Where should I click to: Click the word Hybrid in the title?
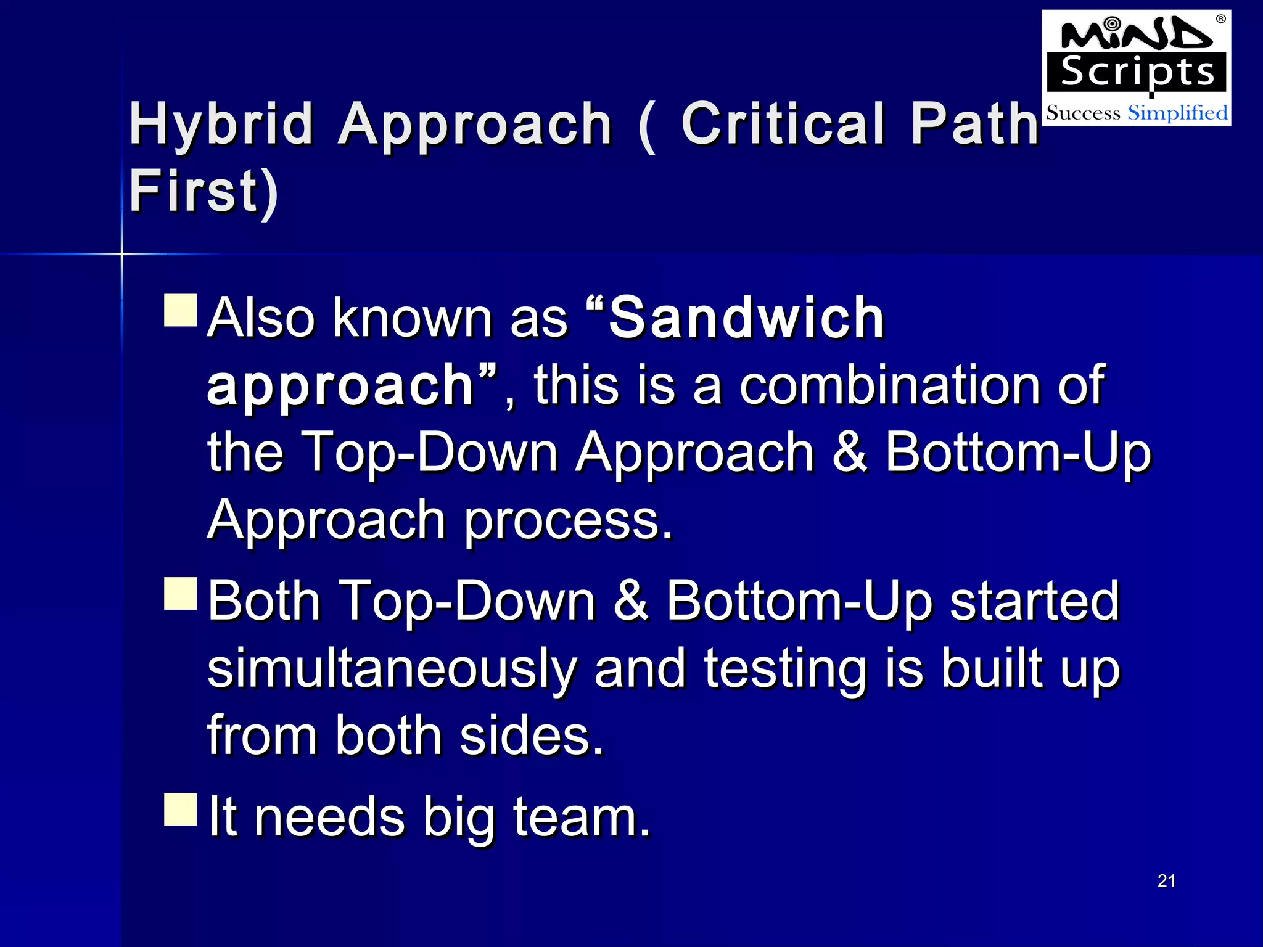point(221,125)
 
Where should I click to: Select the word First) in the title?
point(204,191)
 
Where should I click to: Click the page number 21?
point(1166,881)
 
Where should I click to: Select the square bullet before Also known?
point(181,310)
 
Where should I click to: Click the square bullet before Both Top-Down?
point(181,593)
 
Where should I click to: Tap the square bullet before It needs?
point(181,809)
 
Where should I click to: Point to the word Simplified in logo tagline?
point(1177,113)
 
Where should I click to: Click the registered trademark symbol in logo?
point(1220,19)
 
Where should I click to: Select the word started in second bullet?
point(1034,601)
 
